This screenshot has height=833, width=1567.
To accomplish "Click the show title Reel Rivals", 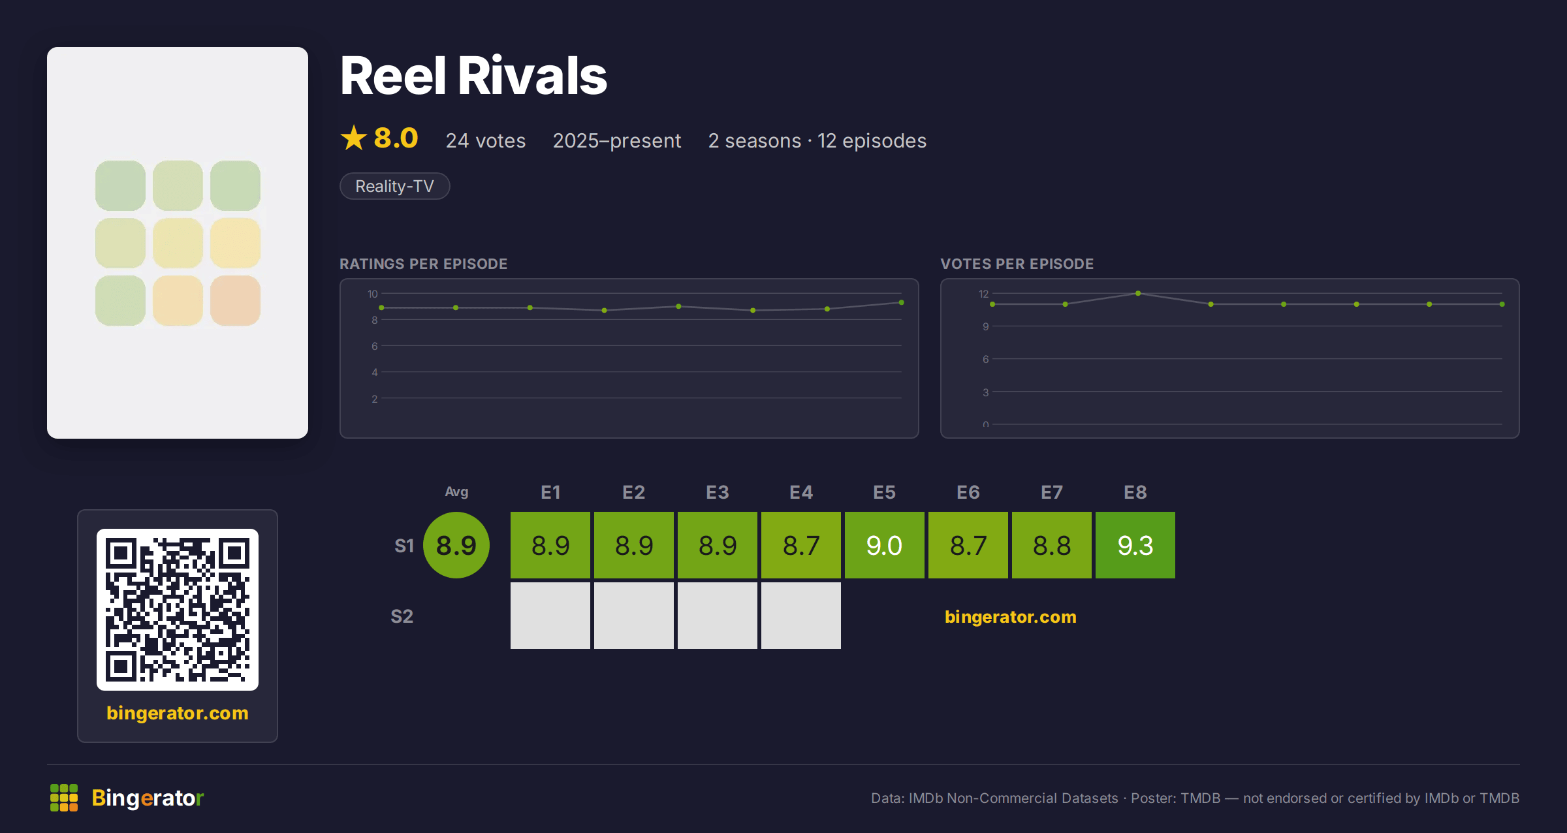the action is tap(473, 76).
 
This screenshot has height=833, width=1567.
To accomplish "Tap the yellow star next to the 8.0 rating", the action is tap(354, 138).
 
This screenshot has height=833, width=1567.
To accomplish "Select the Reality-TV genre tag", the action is tap(395, 186).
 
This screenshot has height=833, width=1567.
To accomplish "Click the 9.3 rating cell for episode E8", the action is tap(1135, 545).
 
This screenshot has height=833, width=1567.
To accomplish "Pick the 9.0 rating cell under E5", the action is tap(885, 545).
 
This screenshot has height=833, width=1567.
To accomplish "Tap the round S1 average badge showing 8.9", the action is tap(456, 545).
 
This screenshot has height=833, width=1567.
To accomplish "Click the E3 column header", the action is tap(718, 492).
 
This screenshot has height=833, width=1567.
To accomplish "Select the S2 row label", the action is tap(402, 616).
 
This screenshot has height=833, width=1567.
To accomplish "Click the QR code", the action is tap(178, 610).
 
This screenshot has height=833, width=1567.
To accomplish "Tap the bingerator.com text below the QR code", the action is tap(178, 713).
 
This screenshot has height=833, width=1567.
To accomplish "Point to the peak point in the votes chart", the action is tap(1138, 293).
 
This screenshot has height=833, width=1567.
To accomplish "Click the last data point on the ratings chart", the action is tap(902, 302).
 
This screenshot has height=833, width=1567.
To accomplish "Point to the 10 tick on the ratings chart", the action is tap(373, 294).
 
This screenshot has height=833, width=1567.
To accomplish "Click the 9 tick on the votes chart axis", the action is tap(986, 326).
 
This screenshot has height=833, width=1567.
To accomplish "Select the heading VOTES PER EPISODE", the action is tap(1017, 264).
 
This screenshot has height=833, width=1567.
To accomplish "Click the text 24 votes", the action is tap(486, 140).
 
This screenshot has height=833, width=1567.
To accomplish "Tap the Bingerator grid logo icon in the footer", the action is tap(64, 798).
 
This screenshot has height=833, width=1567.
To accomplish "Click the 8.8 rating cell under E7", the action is tap(1052, 545).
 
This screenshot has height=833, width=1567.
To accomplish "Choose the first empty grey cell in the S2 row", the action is tap(550, 616).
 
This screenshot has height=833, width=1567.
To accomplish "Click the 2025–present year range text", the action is tap(617, 140).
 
